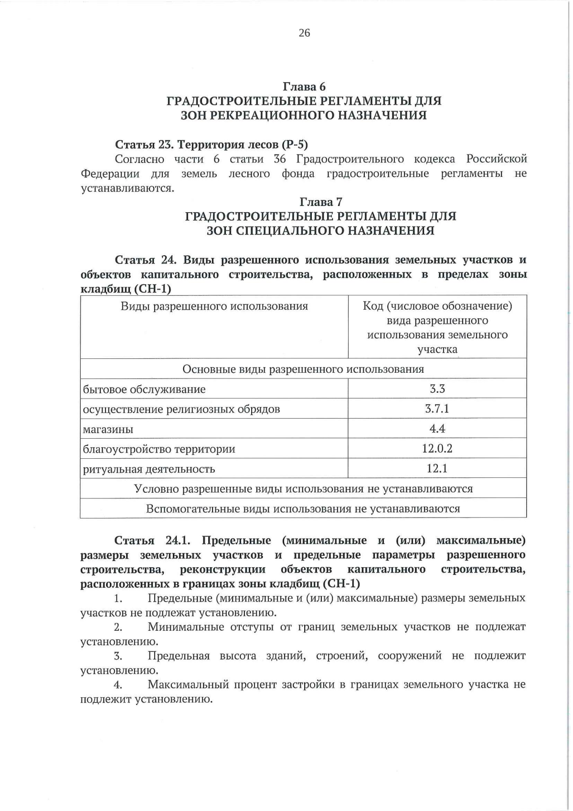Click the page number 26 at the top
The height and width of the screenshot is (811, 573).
click(304, 32)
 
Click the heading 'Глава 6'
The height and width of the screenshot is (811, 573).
click(304, 87)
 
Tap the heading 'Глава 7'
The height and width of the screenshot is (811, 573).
click(320, 202)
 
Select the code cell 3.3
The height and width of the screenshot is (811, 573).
click(437, 389)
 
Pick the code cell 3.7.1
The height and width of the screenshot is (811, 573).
click(437, 409)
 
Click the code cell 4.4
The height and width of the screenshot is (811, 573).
click(437, 429)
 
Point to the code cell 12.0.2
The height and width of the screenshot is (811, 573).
click(437, 448)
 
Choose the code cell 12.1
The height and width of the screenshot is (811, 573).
click(437, 468)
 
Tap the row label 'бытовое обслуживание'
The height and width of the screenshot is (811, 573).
click(144, 389)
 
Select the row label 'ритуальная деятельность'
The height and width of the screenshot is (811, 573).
click(149, 469)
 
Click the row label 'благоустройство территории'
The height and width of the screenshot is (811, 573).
click(159, 449)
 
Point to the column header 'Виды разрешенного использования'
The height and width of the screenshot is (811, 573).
click(214, 306)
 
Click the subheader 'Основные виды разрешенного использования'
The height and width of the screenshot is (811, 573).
click(303, 369)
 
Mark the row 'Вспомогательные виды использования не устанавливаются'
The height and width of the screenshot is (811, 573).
click(303, 508)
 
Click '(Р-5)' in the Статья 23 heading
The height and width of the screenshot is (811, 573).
click(295, 144)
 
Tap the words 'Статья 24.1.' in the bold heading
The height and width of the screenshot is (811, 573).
click(152, 541)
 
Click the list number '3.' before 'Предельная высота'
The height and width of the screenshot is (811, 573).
click(118, 656)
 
